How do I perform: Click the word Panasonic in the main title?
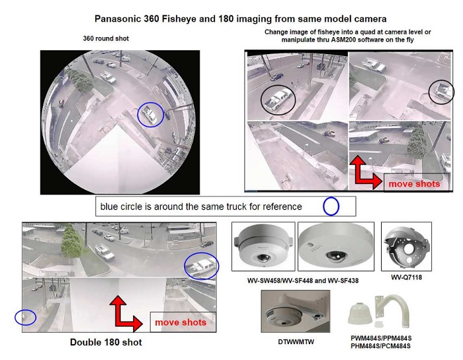(x=118, y=19)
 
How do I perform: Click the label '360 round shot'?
(x=106, y=38)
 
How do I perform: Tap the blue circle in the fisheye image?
(x=138, y=114)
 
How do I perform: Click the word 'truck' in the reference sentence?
(x=237, y=206)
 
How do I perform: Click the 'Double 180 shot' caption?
(x=106, y=342)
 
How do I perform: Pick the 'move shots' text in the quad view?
(x=414, y=184)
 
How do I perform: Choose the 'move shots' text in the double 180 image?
(x=181, y=322)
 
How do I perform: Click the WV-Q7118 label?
(x=406, y=277)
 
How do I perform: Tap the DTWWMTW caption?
(x=296, y=341)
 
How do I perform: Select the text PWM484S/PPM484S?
(x=381, y=338)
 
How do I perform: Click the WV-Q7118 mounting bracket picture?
(x=406, y=246)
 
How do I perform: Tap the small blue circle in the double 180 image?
(x=15, y=318)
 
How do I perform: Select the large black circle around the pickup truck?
(x=261, y=100)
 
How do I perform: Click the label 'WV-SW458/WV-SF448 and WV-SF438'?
(x=303, y=281)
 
